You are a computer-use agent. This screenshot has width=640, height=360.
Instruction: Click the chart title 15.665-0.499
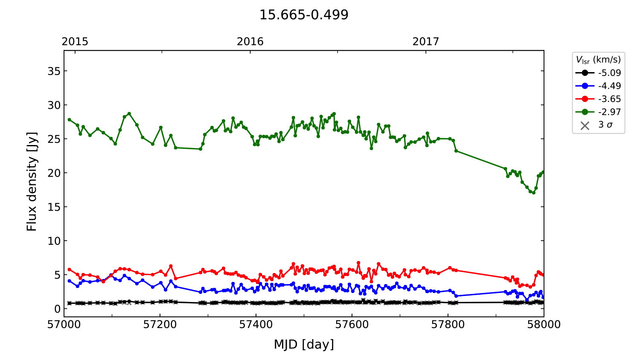point(304,15)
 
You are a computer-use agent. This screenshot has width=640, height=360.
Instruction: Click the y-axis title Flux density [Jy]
point(32,181)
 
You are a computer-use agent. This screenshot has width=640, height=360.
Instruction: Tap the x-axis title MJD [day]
point(304,344)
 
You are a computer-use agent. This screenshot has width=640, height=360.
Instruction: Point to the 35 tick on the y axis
point(54,71)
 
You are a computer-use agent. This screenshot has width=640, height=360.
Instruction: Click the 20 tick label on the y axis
point(54,173)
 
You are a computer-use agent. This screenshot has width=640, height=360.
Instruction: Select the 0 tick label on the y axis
point(57,309)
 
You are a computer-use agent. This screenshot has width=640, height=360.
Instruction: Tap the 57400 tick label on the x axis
point(256,325)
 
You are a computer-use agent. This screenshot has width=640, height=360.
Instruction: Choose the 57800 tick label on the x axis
point(448,325)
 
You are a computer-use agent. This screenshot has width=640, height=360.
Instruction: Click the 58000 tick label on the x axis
point(544,325)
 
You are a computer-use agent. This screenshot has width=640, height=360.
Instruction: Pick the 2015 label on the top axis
point(75,41)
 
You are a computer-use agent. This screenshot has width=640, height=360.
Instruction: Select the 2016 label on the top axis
point(250,41)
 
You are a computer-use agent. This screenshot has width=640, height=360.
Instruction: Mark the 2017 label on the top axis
point(425,41)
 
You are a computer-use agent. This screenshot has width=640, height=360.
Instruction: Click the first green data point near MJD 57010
point(69,119)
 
